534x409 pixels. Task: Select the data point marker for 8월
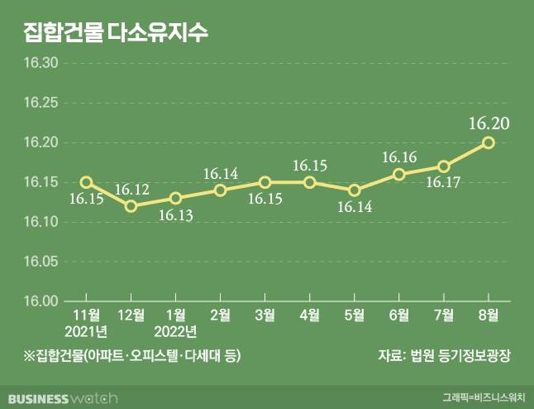point(489,142)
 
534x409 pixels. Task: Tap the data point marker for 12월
point(131,205)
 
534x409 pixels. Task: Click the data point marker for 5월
point(355,190)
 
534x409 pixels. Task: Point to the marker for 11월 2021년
point(86,182)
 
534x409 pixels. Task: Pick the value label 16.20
point(488,123)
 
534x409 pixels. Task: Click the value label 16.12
point(131,190)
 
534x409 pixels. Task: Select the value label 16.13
point(174,214)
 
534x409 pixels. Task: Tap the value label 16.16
point(399,157)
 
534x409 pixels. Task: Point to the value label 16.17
point(444,182)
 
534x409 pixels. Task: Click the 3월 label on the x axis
point(265,315)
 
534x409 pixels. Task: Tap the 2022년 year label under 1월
point(175,332)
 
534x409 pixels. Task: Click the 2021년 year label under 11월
point(86,332)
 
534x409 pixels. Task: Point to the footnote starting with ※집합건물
point(132,356)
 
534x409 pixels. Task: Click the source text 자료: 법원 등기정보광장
point(445,356)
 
